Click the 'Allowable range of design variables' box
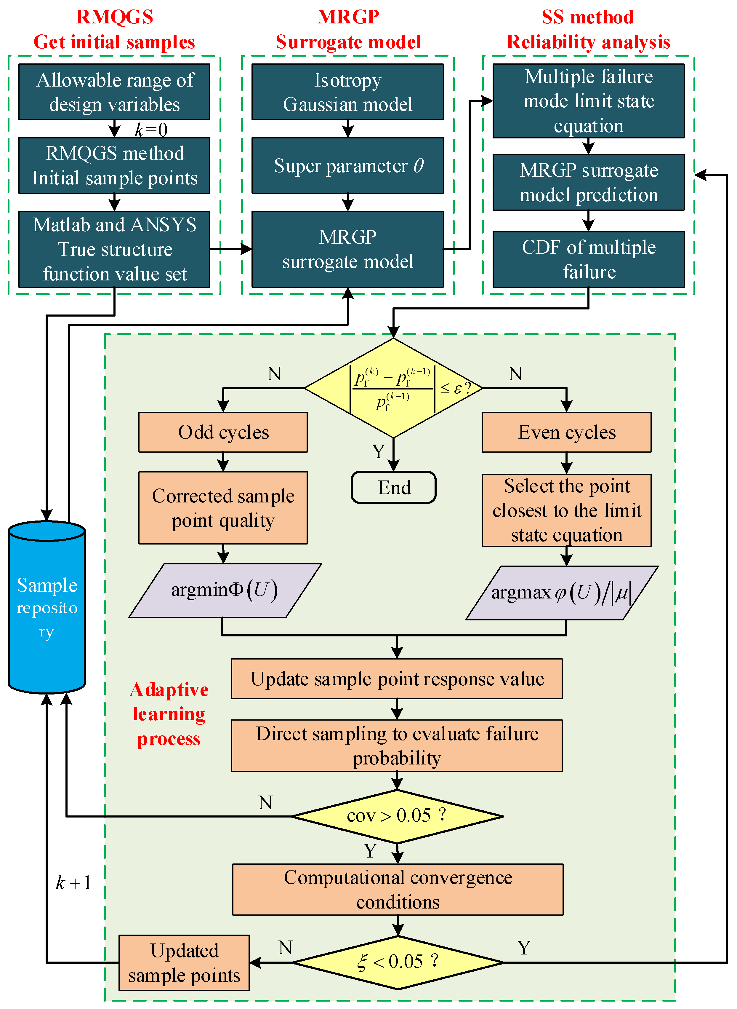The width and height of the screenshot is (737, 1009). point(114,92)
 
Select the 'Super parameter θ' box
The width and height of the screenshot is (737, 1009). point(347,166)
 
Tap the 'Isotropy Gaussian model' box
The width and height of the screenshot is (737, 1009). point(347,92)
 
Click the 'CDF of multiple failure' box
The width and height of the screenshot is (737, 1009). point(588,259)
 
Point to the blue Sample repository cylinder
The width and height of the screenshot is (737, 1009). point(47,607)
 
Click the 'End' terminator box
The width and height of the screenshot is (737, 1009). point(393,488)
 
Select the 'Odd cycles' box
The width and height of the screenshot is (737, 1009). point(223,432)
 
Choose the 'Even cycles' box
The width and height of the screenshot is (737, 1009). point(567,432)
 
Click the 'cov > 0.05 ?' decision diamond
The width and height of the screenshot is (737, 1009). point(397,816)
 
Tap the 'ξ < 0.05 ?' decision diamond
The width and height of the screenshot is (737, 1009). point(398,962)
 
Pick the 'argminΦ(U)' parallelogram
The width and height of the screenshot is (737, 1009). point(225,590)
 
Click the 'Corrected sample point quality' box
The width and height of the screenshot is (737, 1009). point(223,508)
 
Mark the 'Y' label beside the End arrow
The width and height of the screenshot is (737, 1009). point(378,452)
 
